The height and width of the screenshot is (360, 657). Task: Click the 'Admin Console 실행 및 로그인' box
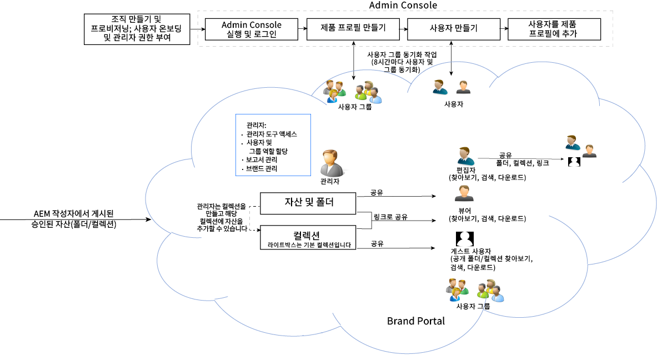point(251,29)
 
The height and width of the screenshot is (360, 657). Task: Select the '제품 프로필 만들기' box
point(353,28)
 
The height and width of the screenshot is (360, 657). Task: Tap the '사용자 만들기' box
point(453,28)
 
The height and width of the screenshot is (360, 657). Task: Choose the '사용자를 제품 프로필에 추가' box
point(554,29)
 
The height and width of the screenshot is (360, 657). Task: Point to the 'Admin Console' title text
point(403,6)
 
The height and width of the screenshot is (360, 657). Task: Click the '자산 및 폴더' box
point(308,203)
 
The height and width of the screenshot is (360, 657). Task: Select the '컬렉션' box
point(308,237)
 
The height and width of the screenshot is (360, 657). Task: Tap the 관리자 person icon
point(331,163)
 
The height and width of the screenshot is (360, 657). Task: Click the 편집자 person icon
point(464,157)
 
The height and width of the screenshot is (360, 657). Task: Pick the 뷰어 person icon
point(464,194)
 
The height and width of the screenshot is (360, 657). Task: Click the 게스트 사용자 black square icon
point(464,239)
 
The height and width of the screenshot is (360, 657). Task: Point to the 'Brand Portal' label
point(415,321)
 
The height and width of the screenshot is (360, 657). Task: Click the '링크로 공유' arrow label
point(390,217)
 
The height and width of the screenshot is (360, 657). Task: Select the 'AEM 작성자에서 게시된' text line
point(73,213)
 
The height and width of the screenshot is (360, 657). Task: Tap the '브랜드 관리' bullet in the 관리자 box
point(262,168)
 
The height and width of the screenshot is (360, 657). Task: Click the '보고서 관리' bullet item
point(262,160)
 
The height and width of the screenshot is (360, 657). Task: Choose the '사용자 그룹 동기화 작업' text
point(402,54)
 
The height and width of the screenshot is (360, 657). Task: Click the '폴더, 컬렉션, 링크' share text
point(523,163)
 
